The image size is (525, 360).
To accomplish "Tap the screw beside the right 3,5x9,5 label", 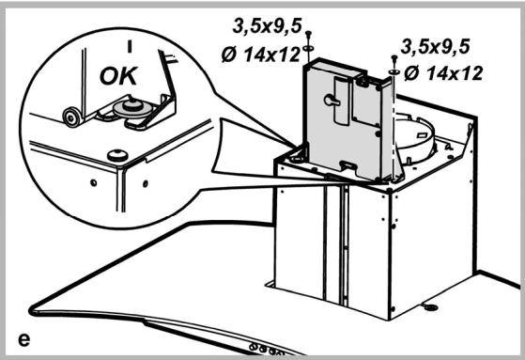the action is coord(393,59).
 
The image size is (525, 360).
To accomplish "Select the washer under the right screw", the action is coord(393,70).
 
